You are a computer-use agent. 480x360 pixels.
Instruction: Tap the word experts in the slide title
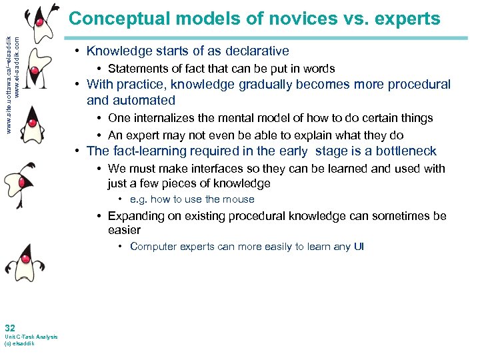(x=407, y=19)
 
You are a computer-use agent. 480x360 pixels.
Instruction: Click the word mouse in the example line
(x=239, y=199)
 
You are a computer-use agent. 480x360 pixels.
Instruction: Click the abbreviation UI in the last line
(x=359, y=247)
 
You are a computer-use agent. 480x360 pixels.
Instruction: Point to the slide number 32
(x=10, y=327)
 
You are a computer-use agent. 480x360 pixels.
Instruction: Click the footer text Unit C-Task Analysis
(x=31, y=337)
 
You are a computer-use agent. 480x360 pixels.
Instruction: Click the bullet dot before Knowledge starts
(x=78, y=51)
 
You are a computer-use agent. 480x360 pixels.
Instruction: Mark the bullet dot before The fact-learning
(x=78, y=151)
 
